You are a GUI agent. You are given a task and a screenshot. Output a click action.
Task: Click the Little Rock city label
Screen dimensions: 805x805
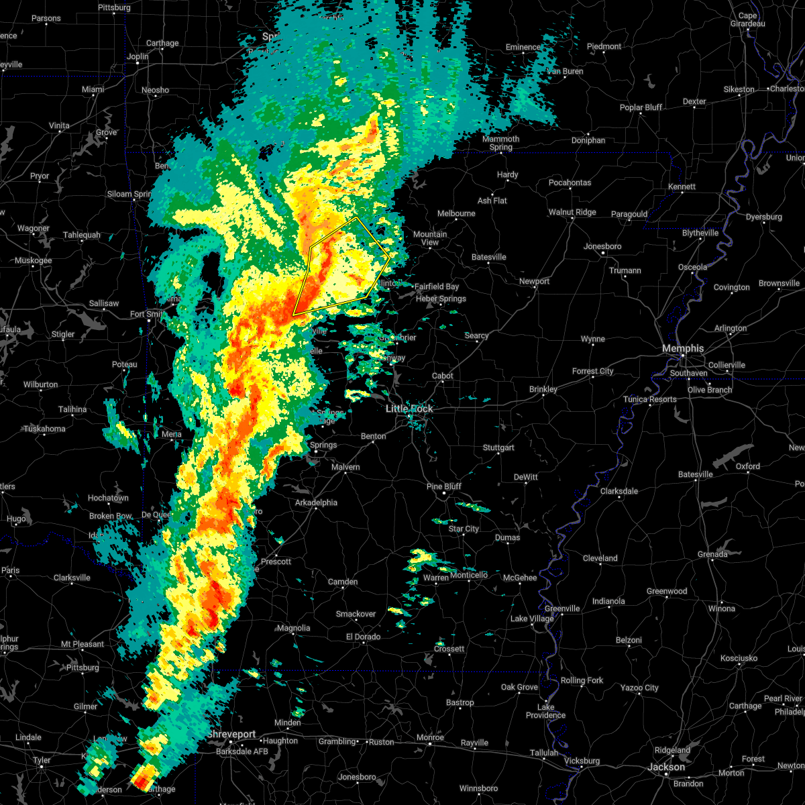[410, 409]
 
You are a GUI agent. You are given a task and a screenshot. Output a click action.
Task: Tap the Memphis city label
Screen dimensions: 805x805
[683, 348]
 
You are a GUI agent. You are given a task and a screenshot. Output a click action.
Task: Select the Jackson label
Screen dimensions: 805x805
[666, 767]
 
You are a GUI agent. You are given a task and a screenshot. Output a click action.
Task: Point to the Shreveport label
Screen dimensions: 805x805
[231, 735]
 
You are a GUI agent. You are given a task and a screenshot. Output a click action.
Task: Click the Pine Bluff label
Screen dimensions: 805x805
[443, 486]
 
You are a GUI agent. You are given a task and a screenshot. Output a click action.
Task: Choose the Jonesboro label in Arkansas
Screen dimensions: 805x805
[602, 246]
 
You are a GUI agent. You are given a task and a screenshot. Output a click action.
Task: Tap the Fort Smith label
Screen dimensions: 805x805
[146, 314]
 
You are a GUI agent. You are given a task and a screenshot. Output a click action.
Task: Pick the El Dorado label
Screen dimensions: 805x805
[363, 637]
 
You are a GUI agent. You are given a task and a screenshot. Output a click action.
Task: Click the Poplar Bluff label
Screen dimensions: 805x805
[641, 107]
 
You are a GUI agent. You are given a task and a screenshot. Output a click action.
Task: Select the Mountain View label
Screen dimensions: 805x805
[430, 238]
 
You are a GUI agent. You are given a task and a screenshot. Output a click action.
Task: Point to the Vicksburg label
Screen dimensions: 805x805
[582, 761]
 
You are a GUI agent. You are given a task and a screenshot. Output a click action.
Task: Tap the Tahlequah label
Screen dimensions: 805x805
[82, 235]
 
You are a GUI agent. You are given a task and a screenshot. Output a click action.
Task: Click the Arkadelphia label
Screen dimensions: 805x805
[316, 502]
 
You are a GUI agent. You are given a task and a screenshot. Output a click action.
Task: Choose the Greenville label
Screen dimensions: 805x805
[562, 608]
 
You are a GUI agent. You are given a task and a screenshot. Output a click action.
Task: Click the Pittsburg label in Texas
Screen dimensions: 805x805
[83, 667]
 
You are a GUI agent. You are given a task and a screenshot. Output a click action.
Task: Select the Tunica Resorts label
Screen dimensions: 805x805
[649, 399]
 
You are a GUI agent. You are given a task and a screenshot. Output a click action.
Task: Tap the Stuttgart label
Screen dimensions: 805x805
[498, 447]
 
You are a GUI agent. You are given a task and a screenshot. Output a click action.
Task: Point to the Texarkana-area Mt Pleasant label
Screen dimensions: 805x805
[83, 644]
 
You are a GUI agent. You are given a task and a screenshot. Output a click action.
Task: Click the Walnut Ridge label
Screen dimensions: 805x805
[572, 212]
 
